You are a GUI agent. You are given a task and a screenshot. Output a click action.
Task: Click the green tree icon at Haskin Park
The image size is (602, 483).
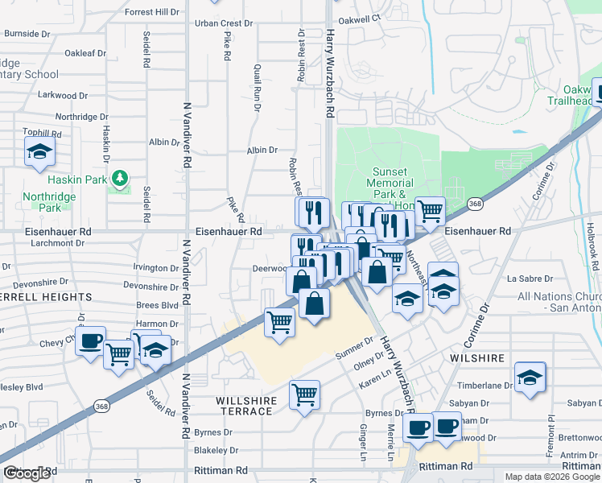pyautogui.click(x=120, y=177)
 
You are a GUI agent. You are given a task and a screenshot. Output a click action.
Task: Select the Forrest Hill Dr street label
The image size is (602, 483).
pyautogui.click(x=156, y=12)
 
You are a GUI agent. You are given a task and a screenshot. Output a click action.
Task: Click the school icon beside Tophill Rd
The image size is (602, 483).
pyautogui.click(x=38, y=151)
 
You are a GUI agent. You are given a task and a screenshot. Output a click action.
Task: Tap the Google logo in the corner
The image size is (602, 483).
pyautogui.click(x=27, y=474)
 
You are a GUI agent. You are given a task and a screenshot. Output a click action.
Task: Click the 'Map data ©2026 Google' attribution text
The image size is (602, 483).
pyautogui.click(x=551, y=477)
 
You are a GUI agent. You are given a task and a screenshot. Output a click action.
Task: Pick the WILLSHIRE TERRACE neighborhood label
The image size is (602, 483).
pyautogui.click(x=246, y=406)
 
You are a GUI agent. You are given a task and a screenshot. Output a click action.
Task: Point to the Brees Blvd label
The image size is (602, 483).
pyautogui.click(x=157, y=305)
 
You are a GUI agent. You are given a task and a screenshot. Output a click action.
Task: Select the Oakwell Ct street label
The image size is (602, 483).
pyautogui.click(x=360, y=18)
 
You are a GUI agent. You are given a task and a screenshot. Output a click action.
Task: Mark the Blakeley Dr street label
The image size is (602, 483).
pyautogui.click(x=215, y=452)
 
